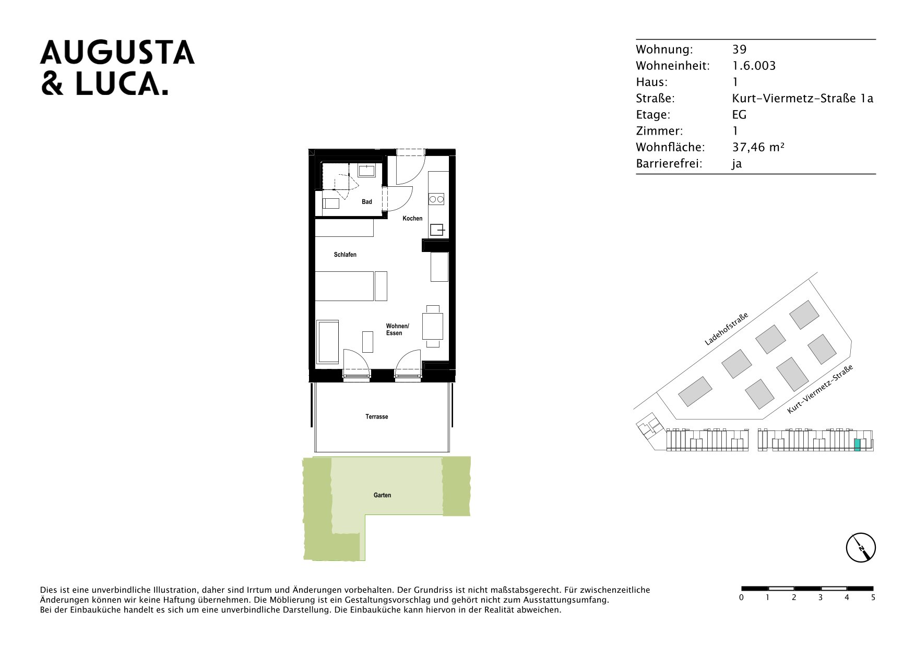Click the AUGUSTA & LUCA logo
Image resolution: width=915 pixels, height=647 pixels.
[117, 67]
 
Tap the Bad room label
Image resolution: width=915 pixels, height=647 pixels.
[367, 202]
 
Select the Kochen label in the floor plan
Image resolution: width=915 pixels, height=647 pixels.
[412, 219]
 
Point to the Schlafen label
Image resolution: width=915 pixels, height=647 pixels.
[345, 255]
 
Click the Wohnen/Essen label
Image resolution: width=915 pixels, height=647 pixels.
[397, 330]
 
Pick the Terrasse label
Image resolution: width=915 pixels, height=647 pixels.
[377, 417]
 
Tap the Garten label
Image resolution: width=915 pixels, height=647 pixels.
[382, 495]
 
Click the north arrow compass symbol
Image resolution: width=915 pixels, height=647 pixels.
[861, 548]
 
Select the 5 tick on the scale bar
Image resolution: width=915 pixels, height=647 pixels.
[873, 597]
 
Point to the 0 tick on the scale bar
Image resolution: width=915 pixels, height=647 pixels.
[741, 597]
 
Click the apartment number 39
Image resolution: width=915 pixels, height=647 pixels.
[740, 50]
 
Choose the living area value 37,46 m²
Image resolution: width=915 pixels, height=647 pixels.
[758, 147]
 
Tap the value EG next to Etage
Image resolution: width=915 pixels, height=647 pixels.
[740, 115]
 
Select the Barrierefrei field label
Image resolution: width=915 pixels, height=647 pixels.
[669, 163]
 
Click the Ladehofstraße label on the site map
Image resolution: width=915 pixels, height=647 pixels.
[726, 329]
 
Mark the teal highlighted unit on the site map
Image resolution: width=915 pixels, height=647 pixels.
[857, 445]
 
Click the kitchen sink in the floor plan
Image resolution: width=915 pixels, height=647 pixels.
[437, 230]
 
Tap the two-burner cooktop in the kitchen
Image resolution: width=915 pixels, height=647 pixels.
[436, 199]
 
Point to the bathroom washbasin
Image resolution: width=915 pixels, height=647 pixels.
[366, 171]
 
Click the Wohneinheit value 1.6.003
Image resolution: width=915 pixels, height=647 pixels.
[754, 66]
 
